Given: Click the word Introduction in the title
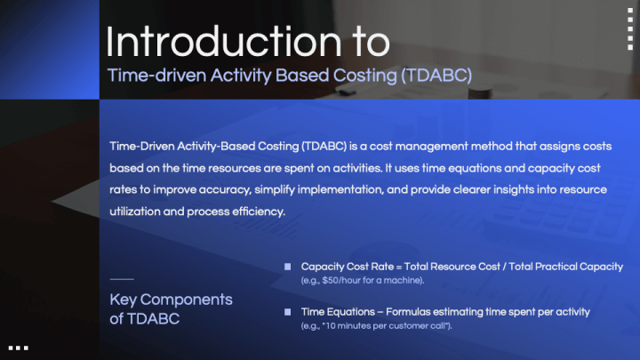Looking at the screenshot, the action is point(224,42).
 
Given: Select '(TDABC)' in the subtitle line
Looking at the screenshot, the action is point(436,76).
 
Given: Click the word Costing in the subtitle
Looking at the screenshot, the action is point(364,76).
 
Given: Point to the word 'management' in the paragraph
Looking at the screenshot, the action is point(431,147).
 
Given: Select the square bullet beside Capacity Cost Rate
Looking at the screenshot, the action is point(288,267).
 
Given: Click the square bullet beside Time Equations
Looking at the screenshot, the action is point(288,312).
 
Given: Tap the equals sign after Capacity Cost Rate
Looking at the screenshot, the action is point(399,267).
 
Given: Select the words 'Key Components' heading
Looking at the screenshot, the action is point(171,300).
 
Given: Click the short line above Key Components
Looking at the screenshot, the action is point(122,279).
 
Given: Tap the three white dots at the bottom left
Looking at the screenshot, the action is point(19,348).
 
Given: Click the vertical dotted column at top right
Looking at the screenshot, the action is point(630,29).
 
